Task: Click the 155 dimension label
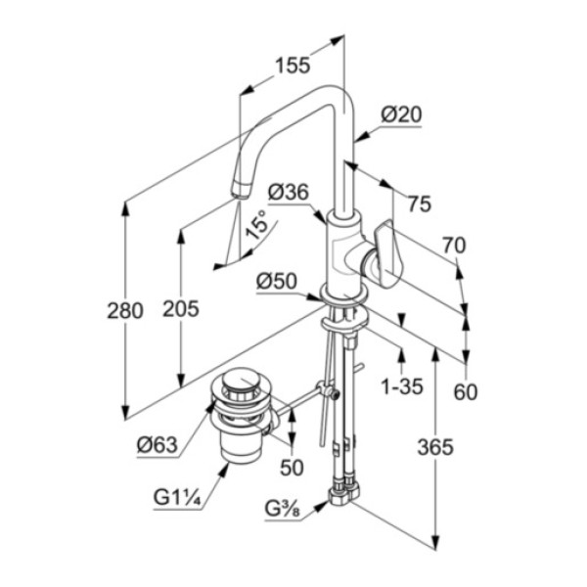[x=292, y=66]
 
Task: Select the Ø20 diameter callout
[x=401, y=114]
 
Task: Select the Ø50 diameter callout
[x=277, y=281]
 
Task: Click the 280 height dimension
[x=124, y=310]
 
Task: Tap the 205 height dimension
[x=180, y=309]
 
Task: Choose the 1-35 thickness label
[x=401, y=385]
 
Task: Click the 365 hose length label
[x=435, y=447]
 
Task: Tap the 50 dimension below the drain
[x=292, y=468]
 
